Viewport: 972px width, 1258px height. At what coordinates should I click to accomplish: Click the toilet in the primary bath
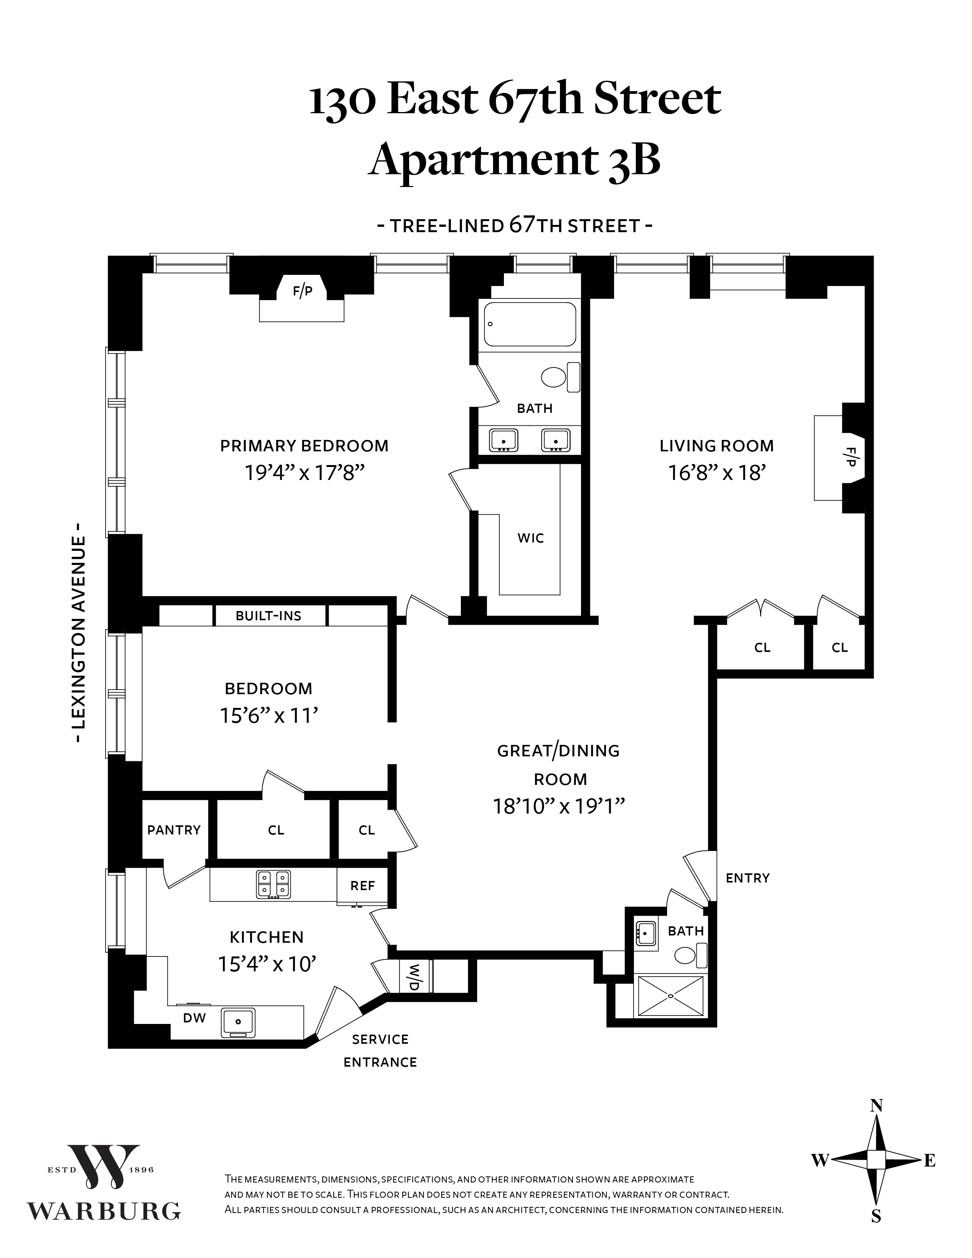click(x=555, y=378)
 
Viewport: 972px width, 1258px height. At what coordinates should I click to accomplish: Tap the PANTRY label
click(x=174, y=830)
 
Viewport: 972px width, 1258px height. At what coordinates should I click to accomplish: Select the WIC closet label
click(x=530, y=538)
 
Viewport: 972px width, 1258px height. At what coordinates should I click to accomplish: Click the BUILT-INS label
click(x=268, y=616)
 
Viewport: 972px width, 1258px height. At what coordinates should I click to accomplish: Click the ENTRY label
click(x=747, y=878)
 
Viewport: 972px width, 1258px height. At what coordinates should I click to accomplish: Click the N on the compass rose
click(x=876, y=1106)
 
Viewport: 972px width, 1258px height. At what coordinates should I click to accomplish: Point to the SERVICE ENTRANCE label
click(x=380, y=1051)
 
